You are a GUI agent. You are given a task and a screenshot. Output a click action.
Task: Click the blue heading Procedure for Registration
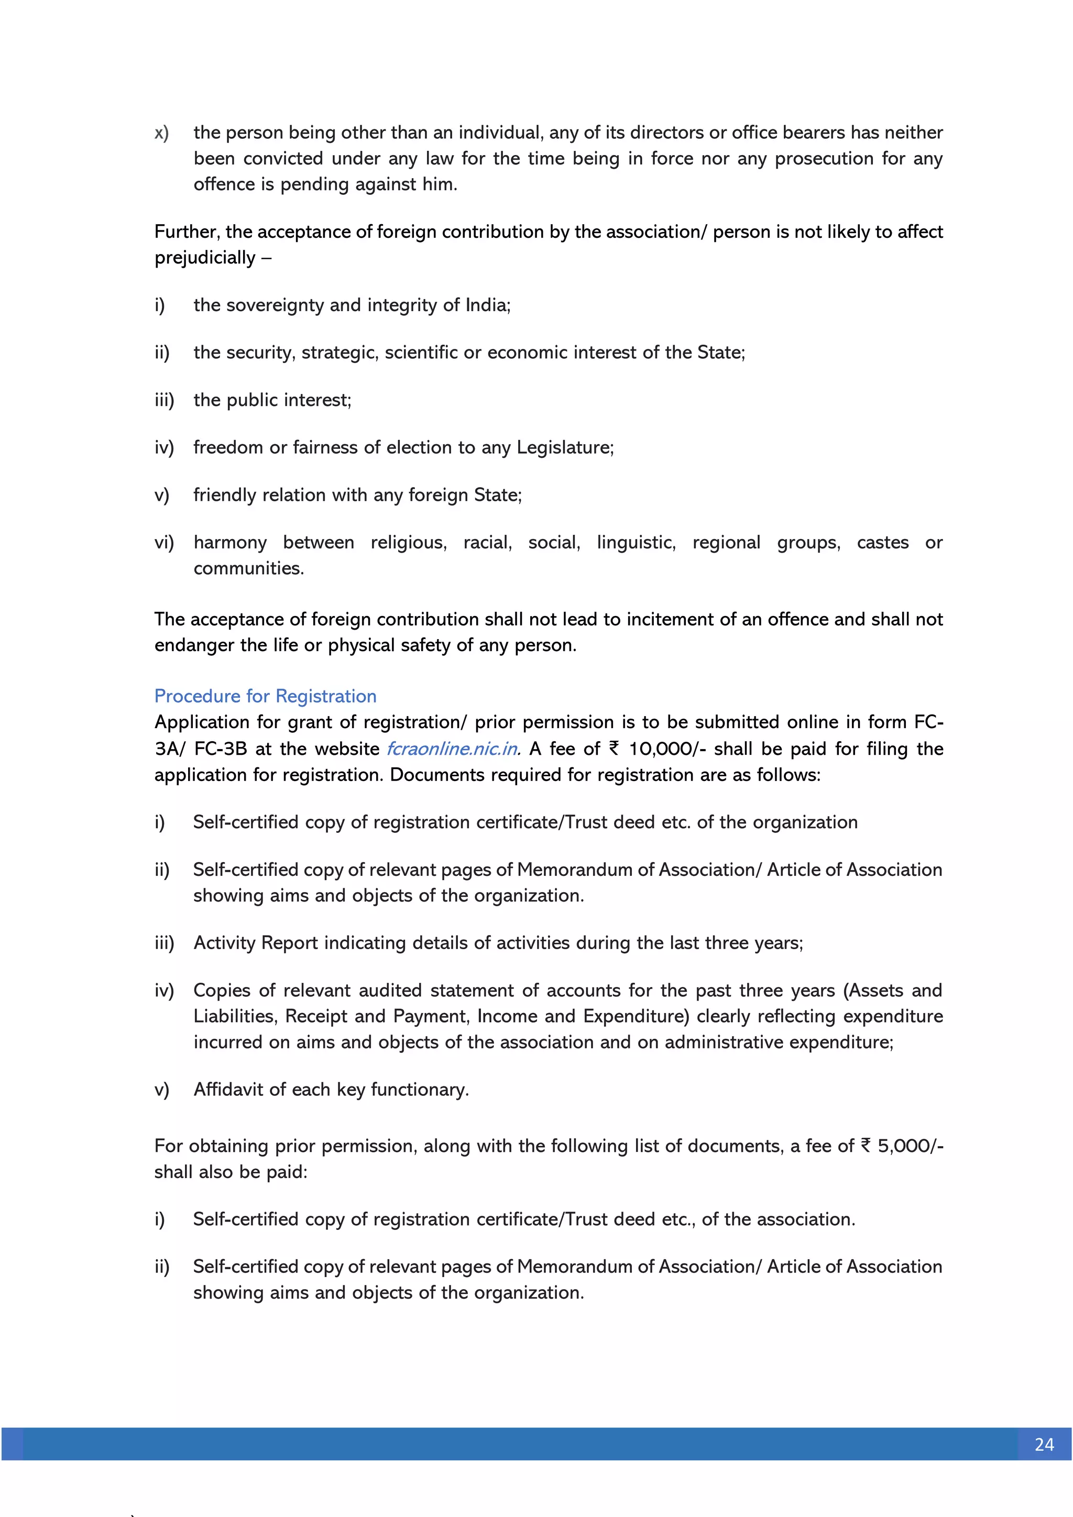point(265,696)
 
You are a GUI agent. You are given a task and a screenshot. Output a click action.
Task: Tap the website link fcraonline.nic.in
point(453,749)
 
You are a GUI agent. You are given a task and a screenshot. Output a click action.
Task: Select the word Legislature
point(564,447)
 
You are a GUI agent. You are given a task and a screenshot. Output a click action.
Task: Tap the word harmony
point(230,543)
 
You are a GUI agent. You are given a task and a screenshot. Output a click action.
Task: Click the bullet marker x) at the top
point(162,133)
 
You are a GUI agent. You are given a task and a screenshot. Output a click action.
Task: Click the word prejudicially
point(205,258)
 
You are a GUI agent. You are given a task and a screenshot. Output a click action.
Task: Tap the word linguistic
point(636,543)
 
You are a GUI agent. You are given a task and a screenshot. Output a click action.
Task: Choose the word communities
point(248,568)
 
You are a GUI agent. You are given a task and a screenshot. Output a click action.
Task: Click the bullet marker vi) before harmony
point(164,543)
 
